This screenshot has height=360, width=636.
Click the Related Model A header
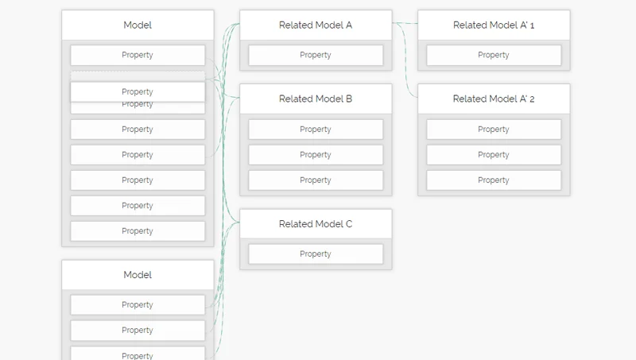[316, 25]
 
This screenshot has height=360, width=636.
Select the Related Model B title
[316, 99]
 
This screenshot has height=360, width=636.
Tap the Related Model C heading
[316, 224]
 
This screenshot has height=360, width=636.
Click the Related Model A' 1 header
[494, 25]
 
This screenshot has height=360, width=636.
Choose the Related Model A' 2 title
[494, 99]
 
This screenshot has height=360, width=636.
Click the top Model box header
[138, 25]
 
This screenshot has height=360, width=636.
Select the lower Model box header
[138, 275]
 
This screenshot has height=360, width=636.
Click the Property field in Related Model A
[316, 56]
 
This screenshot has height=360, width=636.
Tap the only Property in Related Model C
[316, 254]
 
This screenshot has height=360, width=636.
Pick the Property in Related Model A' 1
[494, 56]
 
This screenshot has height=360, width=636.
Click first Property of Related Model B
[316, 130]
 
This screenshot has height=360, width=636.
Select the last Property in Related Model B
[316, 180]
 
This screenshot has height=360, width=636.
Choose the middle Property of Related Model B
[316, 155]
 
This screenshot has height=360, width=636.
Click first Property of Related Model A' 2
[494, 130]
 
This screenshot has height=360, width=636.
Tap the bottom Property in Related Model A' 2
[494, 180]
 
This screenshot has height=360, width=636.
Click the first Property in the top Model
[138, 56]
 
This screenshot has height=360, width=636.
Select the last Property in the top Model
[138, 231]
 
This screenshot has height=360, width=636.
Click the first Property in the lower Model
[138, 305]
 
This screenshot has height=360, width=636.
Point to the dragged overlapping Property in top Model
[138, 91]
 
